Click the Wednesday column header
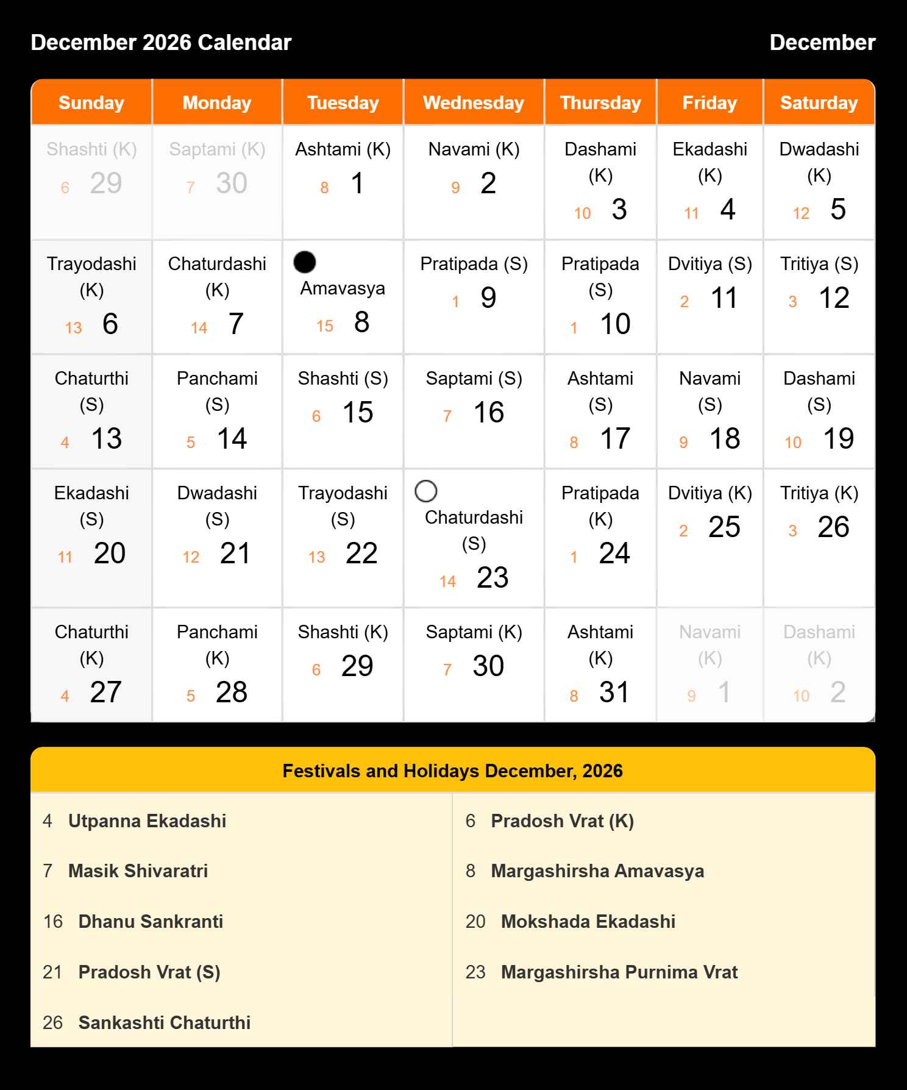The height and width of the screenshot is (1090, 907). [x=474, y=103]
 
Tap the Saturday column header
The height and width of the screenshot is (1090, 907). [x=819, y=103]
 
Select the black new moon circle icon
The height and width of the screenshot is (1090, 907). [x=305, y=262]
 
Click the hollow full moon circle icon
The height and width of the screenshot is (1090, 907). [x=426, y=491]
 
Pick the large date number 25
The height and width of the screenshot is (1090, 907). [x=724, y=527]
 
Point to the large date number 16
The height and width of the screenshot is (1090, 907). [x=489, y=413]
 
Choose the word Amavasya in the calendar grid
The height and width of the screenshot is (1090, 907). [x=343, y=288]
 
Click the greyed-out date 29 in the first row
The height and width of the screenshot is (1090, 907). [x=106, y=183]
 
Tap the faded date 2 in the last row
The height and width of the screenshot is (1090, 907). [x=838, y=693]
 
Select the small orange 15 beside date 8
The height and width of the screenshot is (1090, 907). [x=325, y=327]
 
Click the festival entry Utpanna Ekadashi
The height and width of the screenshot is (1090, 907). [x=147, y=821]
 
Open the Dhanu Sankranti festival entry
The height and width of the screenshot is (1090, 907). [x=151, y=922]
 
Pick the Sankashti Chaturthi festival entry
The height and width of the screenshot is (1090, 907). [x=164, y=1022]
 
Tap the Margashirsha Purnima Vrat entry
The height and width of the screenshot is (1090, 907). [x=619, y=972]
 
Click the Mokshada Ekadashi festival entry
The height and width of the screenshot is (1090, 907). [x=588, y=922]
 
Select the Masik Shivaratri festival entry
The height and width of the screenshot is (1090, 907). [x=138, y=871]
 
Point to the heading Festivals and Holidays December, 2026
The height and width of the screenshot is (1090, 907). [x=453, y=771]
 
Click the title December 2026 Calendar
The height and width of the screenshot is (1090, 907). [x=161, y=43]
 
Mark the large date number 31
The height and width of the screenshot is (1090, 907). [x=614, y=693]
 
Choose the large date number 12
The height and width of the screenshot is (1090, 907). [x=834, y=298]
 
